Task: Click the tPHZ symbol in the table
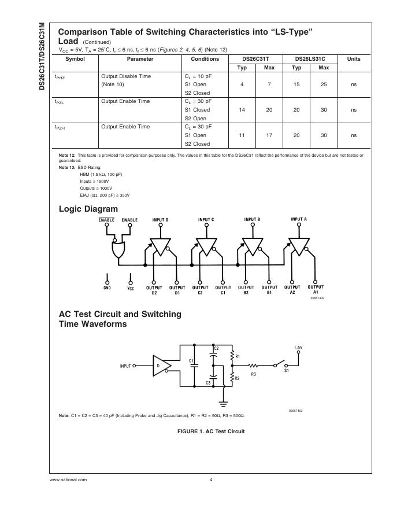(60, 76)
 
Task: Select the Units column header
(354, 59)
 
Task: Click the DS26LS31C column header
(310, 59)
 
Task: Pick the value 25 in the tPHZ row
(324, 84)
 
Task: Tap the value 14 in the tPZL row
(242, 110)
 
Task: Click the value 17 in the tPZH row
(269, 135)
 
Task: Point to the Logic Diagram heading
(88, 209)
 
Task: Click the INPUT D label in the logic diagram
(160, 220)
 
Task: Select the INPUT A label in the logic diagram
(298, 219)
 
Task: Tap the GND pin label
(107, 288)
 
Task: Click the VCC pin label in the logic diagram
(131, 288)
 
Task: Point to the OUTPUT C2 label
(200, 290)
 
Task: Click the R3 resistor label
(254, 374)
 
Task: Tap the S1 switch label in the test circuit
(287, 370)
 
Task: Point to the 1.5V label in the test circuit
(298, 348)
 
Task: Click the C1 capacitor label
(191, 361)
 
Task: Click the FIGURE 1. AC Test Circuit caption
(211, 431)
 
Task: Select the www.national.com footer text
(68, 480)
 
